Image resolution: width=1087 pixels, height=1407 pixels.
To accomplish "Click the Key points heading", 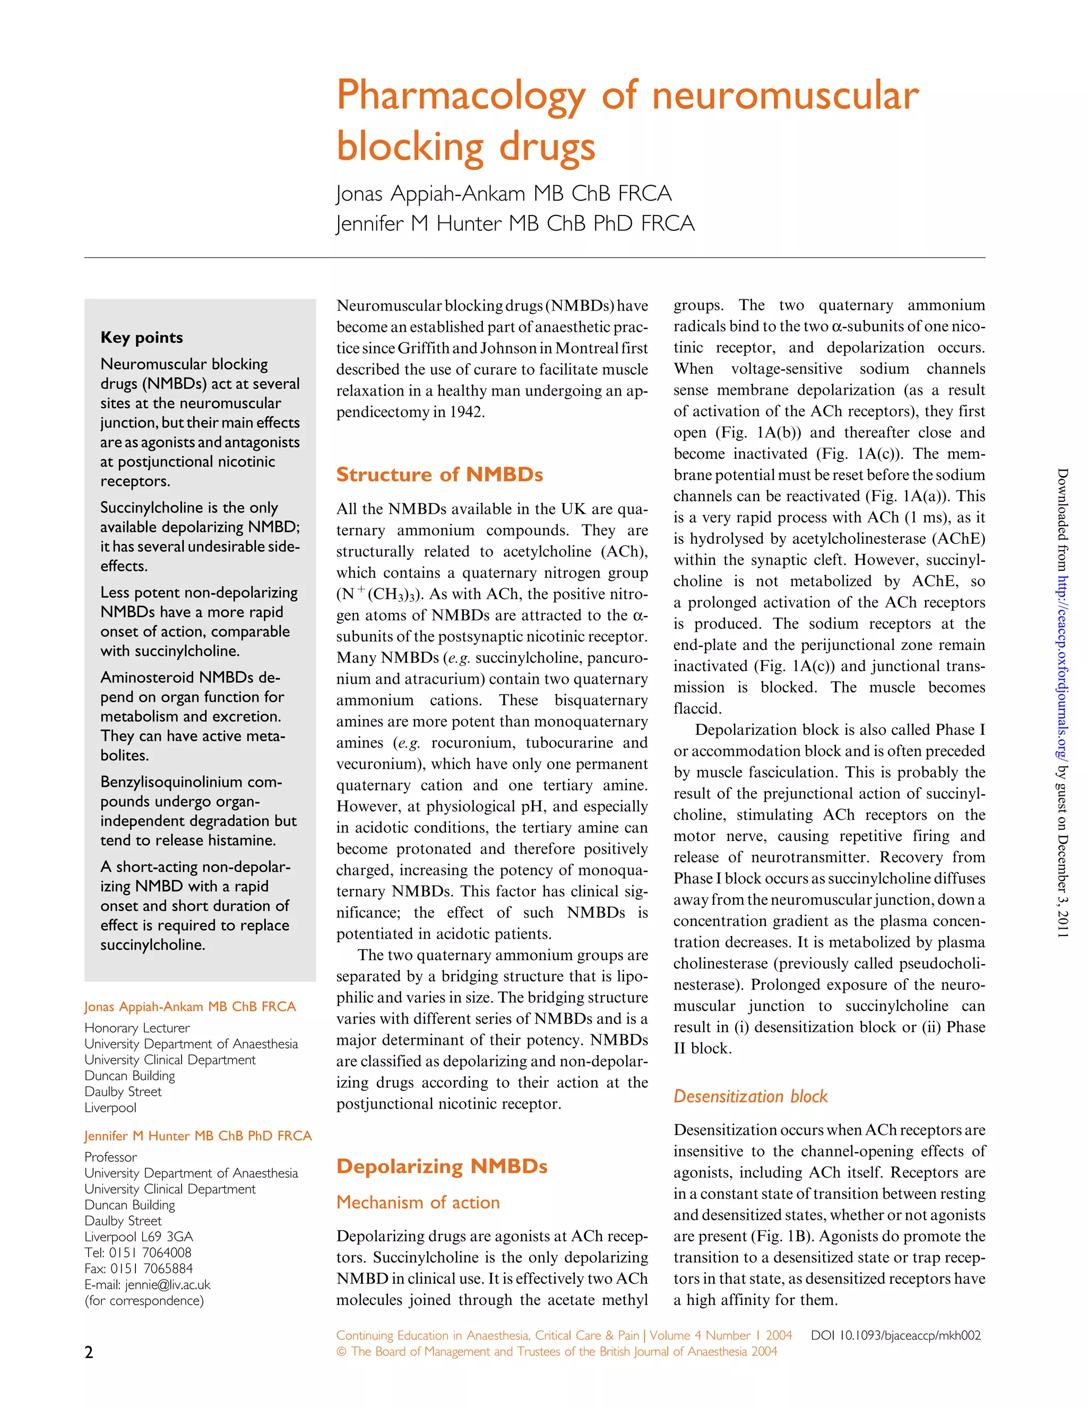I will pos(141,338).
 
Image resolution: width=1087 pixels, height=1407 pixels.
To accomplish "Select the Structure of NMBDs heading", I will pos(439,475).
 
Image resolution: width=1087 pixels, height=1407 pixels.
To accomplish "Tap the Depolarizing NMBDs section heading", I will pos(442,1166).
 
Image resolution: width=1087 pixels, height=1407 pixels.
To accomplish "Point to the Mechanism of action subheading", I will pos(418,1203).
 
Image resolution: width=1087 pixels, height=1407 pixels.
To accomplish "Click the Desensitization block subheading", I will pos(750,1096).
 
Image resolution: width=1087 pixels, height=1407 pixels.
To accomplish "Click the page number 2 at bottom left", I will pos(89,1352).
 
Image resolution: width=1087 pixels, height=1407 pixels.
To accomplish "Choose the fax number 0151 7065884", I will pos(151,1268).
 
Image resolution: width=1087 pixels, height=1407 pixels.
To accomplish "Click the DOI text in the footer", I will pos(895,1335).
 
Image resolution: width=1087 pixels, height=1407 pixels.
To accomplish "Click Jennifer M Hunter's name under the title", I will pos(515,224).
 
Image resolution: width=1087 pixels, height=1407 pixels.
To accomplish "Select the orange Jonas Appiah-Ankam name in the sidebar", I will pos(190,1007).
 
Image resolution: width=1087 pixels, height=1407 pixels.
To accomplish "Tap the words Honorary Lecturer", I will pos(137,1028).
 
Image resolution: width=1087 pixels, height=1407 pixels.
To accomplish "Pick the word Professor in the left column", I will pos(111,1157).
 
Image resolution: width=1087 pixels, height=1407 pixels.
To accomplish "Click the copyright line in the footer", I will pos(556,1352).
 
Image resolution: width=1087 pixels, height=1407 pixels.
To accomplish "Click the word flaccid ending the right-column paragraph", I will pos(697,709).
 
